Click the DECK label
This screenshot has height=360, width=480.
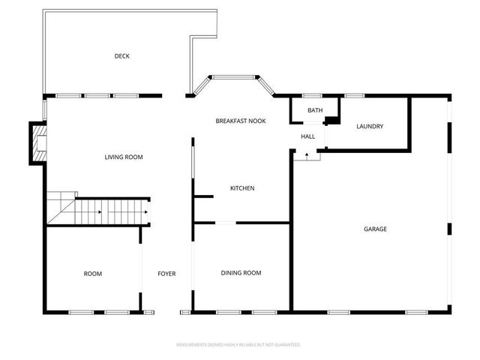click(122, 56)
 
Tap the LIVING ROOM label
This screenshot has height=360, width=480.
click(124, 157)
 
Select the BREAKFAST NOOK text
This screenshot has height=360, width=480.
click(241, 121)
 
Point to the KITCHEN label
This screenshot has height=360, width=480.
click(242, 187)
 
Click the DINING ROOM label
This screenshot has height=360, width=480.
click(241, 273)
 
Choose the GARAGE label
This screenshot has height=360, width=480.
click(375, 229)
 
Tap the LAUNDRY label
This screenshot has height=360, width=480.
click(370, 126)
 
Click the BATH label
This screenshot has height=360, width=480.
click(315, 110)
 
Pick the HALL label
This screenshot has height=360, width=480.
click(307, 136)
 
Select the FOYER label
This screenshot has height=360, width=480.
click(166, 274)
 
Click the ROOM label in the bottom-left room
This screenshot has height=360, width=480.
click(93, 274)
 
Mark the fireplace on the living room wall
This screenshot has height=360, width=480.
click(37, 143)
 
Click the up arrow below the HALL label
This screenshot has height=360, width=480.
click(307, 154)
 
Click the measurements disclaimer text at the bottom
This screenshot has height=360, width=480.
click(238, 345)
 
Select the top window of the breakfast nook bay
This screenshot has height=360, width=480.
click(233, 76)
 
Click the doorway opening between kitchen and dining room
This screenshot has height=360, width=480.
click(226, 223)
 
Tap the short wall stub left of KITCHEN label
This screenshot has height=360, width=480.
click(203, 196)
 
